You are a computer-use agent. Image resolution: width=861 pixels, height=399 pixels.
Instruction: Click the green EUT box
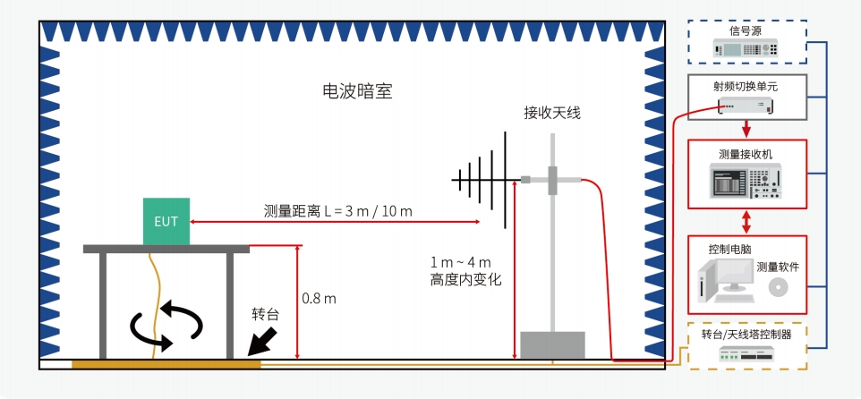(166, 221)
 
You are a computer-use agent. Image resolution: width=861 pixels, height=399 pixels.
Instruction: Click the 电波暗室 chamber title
(357, 91)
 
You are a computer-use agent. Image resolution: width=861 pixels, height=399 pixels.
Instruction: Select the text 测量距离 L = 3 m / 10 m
(337, 211)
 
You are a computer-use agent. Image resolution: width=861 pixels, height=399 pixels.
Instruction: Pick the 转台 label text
(266, 315)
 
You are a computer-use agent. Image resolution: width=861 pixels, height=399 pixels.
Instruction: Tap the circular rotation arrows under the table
(167, 327)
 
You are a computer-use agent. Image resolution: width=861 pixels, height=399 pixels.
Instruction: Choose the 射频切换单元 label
(746, 87)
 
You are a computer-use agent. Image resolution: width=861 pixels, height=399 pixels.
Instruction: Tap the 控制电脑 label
(726, 248)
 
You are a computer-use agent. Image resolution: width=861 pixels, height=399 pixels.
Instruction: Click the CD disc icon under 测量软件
(777, 287)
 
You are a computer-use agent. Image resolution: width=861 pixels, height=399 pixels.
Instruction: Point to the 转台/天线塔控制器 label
(746, 335)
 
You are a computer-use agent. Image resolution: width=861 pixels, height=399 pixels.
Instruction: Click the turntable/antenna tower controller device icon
(746, 356)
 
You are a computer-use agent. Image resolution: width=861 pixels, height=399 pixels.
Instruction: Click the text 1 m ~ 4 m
(461, 262)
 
